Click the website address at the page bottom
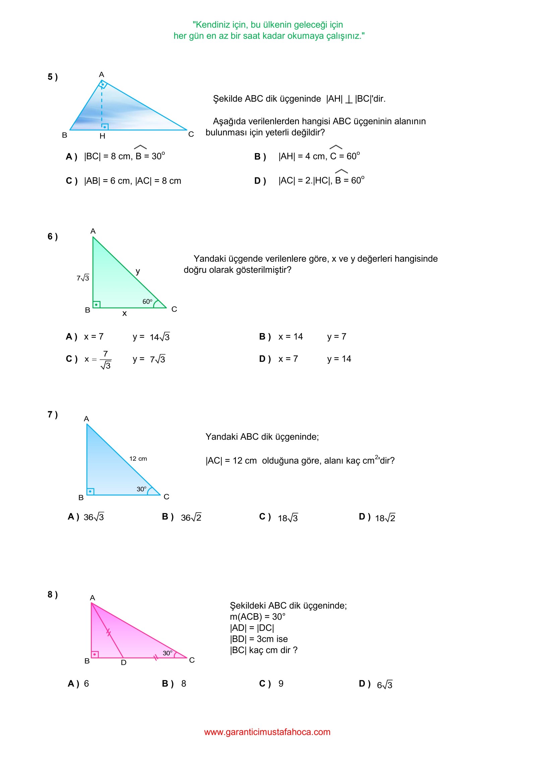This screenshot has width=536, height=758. (x=267, y=732)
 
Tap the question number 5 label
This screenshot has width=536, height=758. (x=53, y=77)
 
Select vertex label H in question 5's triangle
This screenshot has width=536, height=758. (x=103, y=136)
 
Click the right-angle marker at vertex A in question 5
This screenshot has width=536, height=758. (x=103, y=84)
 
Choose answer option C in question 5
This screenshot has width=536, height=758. (x=123, y=181)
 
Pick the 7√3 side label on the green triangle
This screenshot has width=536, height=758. (x=83, y=278)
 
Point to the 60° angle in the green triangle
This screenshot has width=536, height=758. (x=147, y=302)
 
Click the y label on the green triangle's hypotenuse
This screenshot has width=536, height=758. (x=138, y=271)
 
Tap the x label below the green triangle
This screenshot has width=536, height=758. (x=125, y=314)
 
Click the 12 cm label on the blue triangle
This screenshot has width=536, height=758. (x=138, y=459)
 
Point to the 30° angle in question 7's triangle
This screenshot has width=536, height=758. (x=142, y=489)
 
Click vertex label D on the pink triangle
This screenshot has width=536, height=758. (x=124, y=662)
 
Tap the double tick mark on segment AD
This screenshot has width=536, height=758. (x=109, y=633)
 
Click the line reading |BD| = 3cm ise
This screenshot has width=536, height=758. (x=259, y=639)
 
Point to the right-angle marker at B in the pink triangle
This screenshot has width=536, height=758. (x=95, y=654)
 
